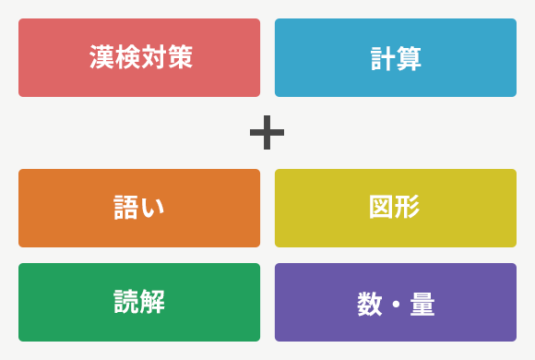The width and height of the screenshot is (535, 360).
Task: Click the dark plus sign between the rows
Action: [267, 133]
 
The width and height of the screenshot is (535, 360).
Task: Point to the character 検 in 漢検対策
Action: [126, 58]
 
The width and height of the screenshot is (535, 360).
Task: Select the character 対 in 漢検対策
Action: [152, 58]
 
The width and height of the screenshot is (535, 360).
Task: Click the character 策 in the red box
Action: [178, 58]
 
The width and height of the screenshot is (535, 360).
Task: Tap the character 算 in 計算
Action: [409, 58]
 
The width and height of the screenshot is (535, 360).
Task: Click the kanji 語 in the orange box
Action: [126, 208]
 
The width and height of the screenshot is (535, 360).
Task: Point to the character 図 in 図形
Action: [382, 208]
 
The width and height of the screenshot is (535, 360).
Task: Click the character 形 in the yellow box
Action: [408, 208]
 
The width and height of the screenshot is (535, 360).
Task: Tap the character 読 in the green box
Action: [126, 302]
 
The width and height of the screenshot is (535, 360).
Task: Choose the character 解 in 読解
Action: [152, 302]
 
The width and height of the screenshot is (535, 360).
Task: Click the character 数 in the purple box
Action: [369, 304]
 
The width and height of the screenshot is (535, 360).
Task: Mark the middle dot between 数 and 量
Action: [396, 304]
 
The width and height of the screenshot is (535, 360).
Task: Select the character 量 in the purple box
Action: [422, 304]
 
